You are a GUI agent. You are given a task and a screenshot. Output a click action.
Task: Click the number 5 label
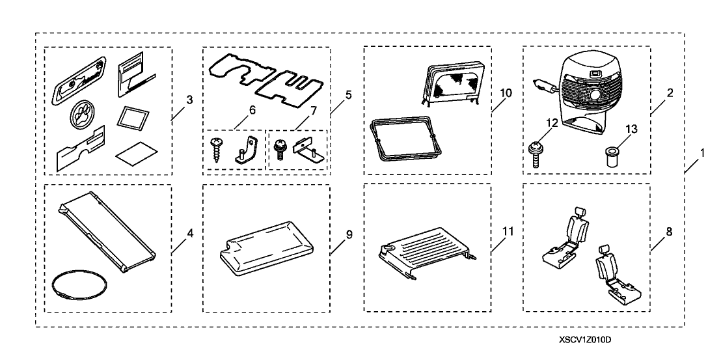pos(348,95)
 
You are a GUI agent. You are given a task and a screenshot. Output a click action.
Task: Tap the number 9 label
pos(348,233)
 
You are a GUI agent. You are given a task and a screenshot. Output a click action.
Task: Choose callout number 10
pos(506,93)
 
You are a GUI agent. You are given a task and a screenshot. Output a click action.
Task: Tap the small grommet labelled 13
pos(611,156)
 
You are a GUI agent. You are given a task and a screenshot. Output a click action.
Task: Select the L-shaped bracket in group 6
pos(247,149)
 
